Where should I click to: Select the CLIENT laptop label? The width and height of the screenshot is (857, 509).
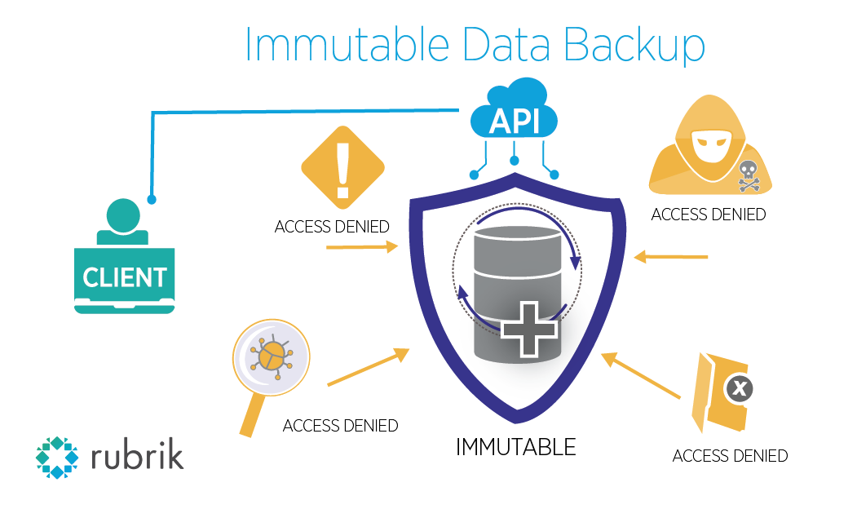click(124, 277)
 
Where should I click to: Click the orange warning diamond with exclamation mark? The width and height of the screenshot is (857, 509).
click(342, 167)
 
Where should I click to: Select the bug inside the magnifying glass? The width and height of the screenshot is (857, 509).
click(272, 356)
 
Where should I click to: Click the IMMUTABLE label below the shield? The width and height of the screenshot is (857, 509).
click(515, 447)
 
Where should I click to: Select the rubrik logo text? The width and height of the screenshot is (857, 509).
click(137, 455)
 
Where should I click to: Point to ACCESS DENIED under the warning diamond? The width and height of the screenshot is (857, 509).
click(332, 227)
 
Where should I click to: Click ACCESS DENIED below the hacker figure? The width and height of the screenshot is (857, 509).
click(708, 215)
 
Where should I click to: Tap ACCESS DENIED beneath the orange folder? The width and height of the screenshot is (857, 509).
click(730, 455)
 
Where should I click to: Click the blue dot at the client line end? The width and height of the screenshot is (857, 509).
click(151, 198)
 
